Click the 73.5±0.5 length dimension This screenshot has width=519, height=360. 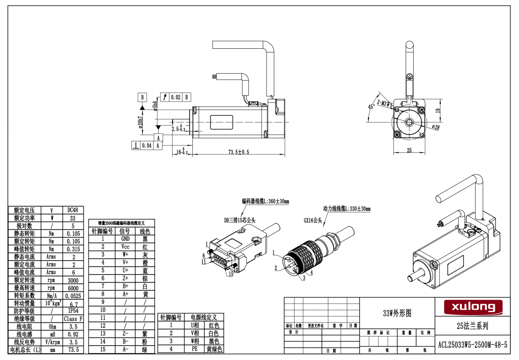pyautogui.click(x=238, y=152)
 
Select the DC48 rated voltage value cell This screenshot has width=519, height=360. pyautogui.click(x=72, y=210)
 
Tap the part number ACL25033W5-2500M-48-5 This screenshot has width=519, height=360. pyautogui.click(x=472, y=345)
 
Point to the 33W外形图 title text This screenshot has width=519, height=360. pyautogui.click(x=397, y=313)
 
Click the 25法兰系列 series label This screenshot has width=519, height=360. pyautogui.click(x=472, y=326)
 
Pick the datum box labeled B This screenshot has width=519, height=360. pyautogui.click(x=142, y=97)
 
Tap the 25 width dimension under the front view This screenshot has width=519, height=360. pyautogui.click(x=409, y=151)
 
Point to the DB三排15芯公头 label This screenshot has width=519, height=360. pyautogui.click(x=240, y=220)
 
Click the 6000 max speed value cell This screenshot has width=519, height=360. pyautogui.click(x=72, y=288)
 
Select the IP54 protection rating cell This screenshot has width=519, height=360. pyautogui.click(x=72, y=311)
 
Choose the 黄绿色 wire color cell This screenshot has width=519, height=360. pyautogui.click(x=214, y=349)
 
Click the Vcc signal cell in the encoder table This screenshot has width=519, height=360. pyautogui.click(x=125, y=247)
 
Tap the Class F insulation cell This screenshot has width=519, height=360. pyautogui.click(x=72, y=318)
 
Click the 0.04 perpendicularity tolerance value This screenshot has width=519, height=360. pyautogui.click(x=147, y=145)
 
